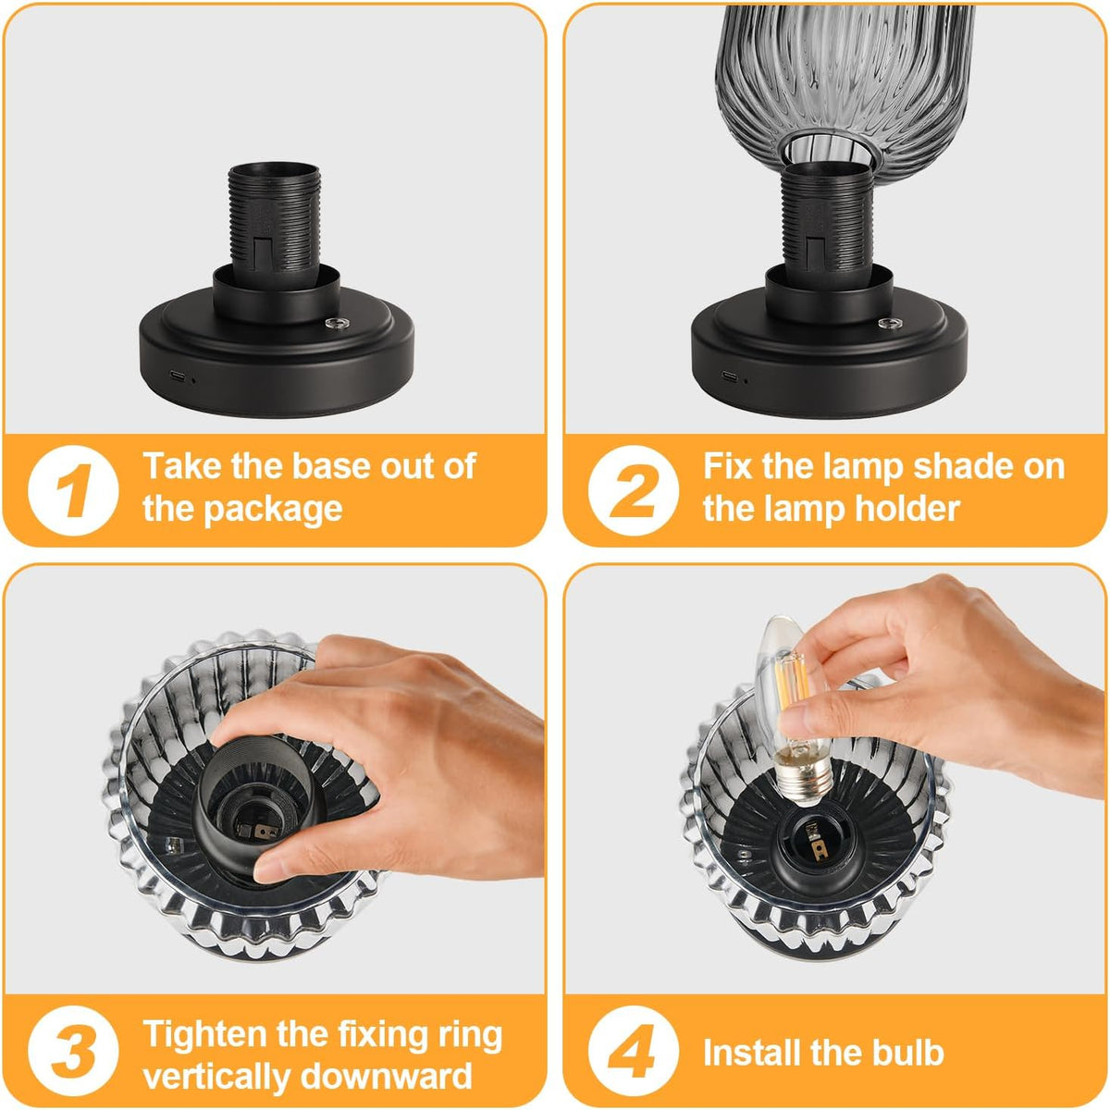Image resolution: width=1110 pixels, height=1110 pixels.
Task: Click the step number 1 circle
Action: [73, 490]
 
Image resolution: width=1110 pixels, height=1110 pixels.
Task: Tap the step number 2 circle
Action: [633, 490]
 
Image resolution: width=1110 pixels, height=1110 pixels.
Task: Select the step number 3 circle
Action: [73, 1050]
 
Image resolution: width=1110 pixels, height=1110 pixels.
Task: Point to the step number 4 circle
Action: [633, 1050]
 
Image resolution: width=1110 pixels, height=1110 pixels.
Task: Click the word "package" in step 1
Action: [273, 510]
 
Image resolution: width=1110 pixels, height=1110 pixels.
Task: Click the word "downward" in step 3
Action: [386, 1076]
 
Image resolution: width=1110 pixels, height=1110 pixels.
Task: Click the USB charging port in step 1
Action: [177, 377]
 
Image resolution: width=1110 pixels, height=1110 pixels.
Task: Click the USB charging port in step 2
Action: [730, 376]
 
